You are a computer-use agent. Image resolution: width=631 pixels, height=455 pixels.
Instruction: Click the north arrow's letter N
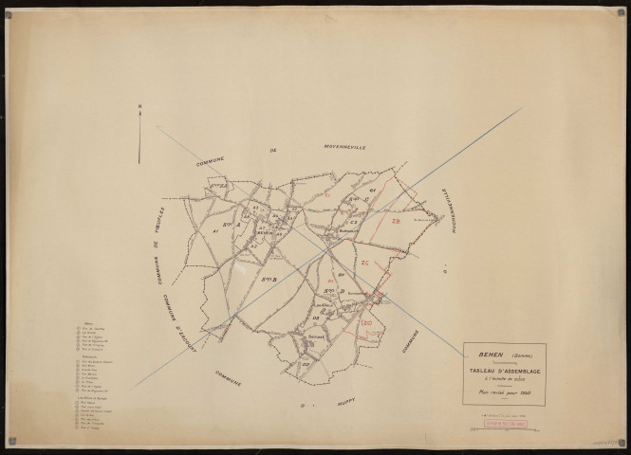coord(139,106)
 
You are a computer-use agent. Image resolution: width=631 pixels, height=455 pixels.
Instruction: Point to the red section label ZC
coord(364,262)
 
